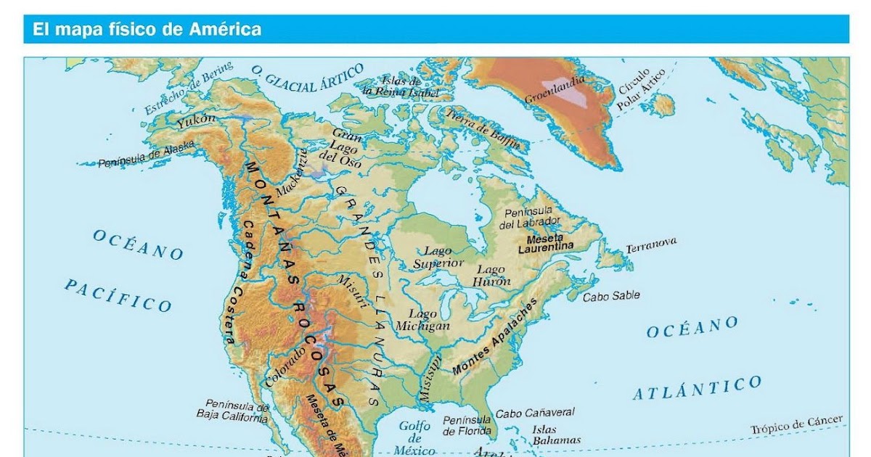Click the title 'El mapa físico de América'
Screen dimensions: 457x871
(x=146, y=30)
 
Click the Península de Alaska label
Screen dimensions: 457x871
(x=147, y=155)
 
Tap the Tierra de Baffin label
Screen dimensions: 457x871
(x=483, y=128)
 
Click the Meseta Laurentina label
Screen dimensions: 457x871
(x=545, y=243)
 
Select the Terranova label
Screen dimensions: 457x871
(x=651, y=244)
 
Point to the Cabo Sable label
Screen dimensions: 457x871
(x=612, y=296)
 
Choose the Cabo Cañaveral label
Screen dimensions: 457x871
(x=535, y=413)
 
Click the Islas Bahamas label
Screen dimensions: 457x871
(x=556, y=434)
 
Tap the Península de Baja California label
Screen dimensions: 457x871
(x=233, y=411)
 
